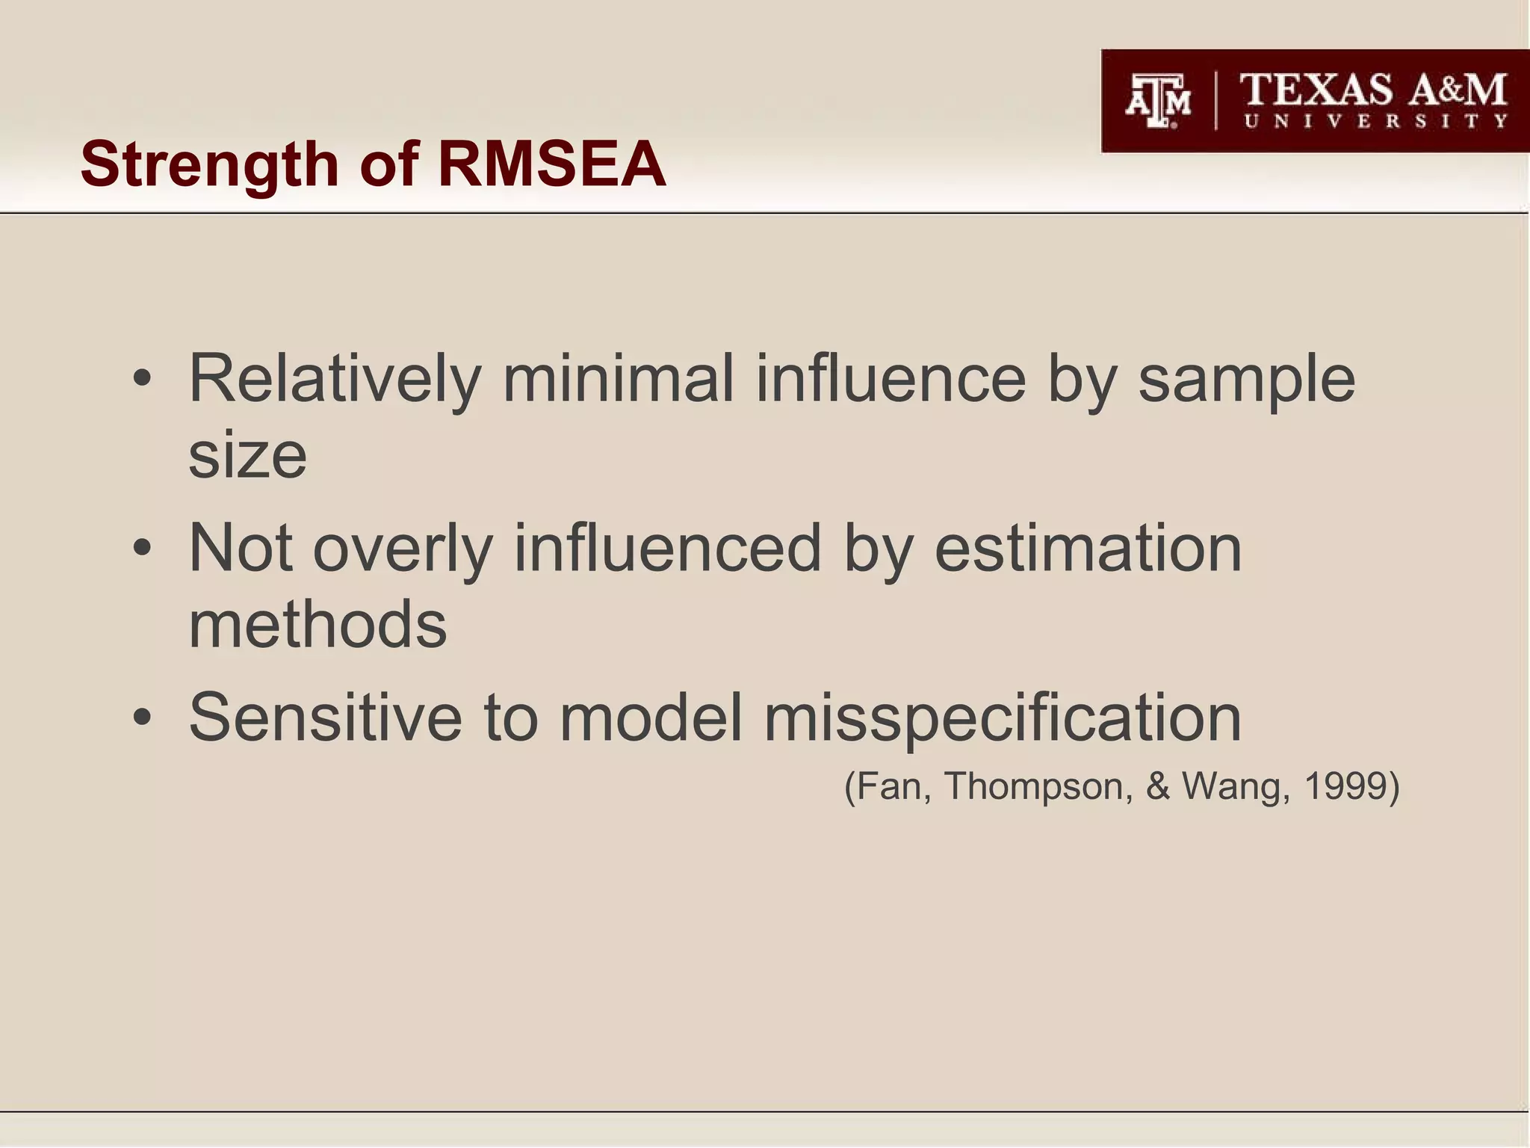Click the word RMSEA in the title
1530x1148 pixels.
pyautogui.click(x=551, y=164)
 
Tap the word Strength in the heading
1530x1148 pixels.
pyautogui.click(x=210, y=165)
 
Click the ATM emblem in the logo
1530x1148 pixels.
pyautogui.click(x=1158, y=102)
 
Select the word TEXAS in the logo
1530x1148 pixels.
pyautogui.click(x=1316, y=90)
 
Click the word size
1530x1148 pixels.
pyautogui.click(x=247, y=457)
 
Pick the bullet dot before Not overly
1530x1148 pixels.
pyautogui.click(x=142, y=549)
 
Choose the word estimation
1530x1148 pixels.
pyautogui.click(x=1088, y=549)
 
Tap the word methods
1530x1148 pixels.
pyautogui.click(x=318, y=625)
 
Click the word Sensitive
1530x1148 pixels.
pyautogui.click(x=326, y=717)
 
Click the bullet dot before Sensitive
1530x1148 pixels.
pyautogui.click(x=142, y=718)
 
